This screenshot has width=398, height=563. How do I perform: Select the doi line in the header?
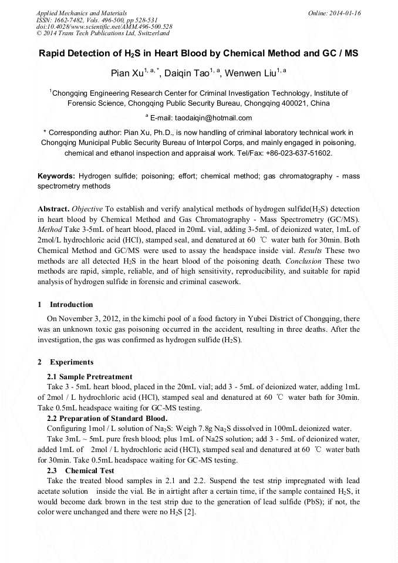[x=104, y=26]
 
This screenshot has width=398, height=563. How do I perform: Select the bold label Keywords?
[x=56, y=176]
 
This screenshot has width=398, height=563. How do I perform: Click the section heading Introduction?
[x=71, y=305]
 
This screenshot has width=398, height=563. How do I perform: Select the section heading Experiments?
[x=71, y=362]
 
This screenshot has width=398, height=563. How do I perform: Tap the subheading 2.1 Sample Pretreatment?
[x=89, y=376]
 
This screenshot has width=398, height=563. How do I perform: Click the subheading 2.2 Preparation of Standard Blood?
[x=107, y=419]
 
